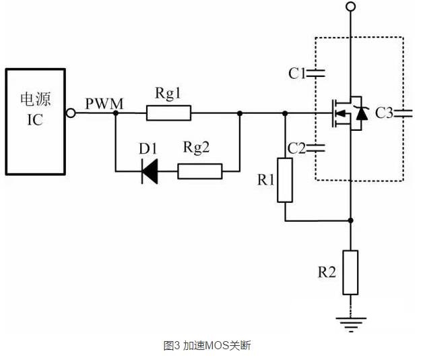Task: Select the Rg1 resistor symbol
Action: [168, 113]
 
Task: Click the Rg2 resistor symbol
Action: [200, 171]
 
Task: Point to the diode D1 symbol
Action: [150, 171]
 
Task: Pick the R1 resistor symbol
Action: [285, 180]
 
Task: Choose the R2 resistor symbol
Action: [350, 272]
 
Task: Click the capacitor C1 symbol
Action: [318, 73]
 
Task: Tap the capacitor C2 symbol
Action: [318, 147]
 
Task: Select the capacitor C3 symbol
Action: [403, 113]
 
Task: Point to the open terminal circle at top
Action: [350, 7]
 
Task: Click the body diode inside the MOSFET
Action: [362, 113]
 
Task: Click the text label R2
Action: [327, 272]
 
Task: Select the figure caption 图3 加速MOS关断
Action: [207, 345]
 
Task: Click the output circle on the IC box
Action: [70, 113]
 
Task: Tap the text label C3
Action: [385, 113]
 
